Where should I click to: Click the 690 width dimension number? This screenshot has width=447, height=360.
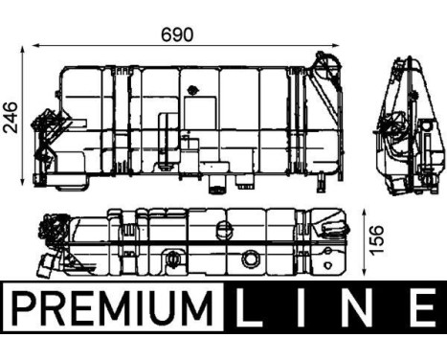[x=178, y=34]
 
